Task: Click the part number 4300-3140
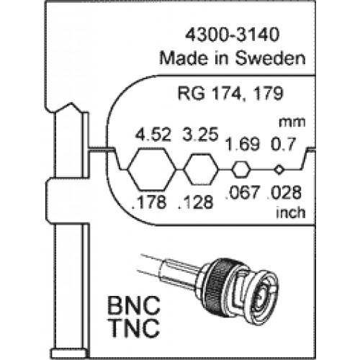pos(233,35)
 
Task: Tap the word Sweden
pos(270,58)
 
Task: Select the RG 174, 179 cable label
pos(230,94)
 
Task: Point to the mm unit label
pos(292,122)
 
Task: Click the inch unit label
pos(291,212)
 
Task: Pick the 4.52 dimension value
pos(153,135)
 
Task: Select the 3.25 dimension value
pos(200,134)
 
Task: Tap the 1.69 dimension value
pos(243,145)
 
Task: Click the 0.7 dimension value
pos(283,145)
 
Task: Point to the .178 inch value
pos(149,202)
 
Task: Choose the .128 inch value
pos(196,202)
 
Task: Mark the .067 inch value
pos(243,192)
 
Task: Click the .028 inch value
pos(284,192)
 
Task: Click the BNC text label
pos(133,305)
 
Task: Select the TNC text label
pos(135,328)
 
